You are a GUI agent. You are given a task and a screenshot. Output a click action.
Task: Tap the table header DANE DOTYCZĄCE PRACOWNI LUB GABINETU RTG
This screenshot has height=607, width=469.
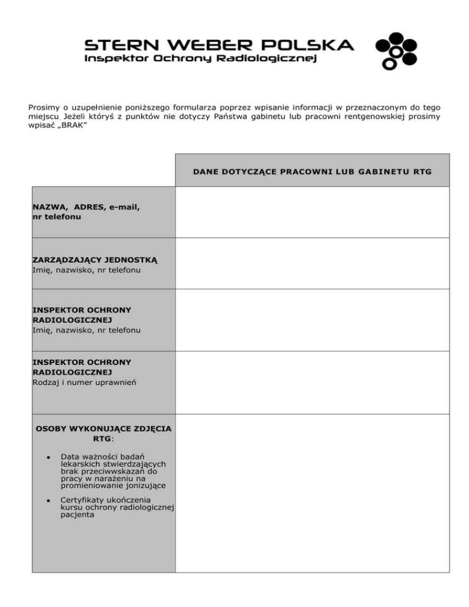(x=311, y=172)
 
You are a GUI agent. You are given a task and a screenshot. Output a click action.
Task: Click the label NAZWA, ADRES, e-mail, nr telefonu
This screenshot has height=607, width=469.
(x=86, y=211)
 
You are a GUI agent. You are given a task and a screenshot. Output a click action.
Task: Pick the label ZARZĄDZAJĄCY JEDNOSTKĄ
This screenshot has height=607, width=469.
(x=95, y=260)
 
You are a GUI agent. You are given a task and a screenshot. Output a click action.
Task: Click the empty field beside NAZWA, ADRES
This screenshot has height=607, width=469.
(x=312, y=212)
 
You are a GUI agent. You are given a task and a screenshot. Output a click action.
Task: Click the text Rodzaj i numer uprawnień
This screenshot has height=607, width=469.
(x=84, y=382)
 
